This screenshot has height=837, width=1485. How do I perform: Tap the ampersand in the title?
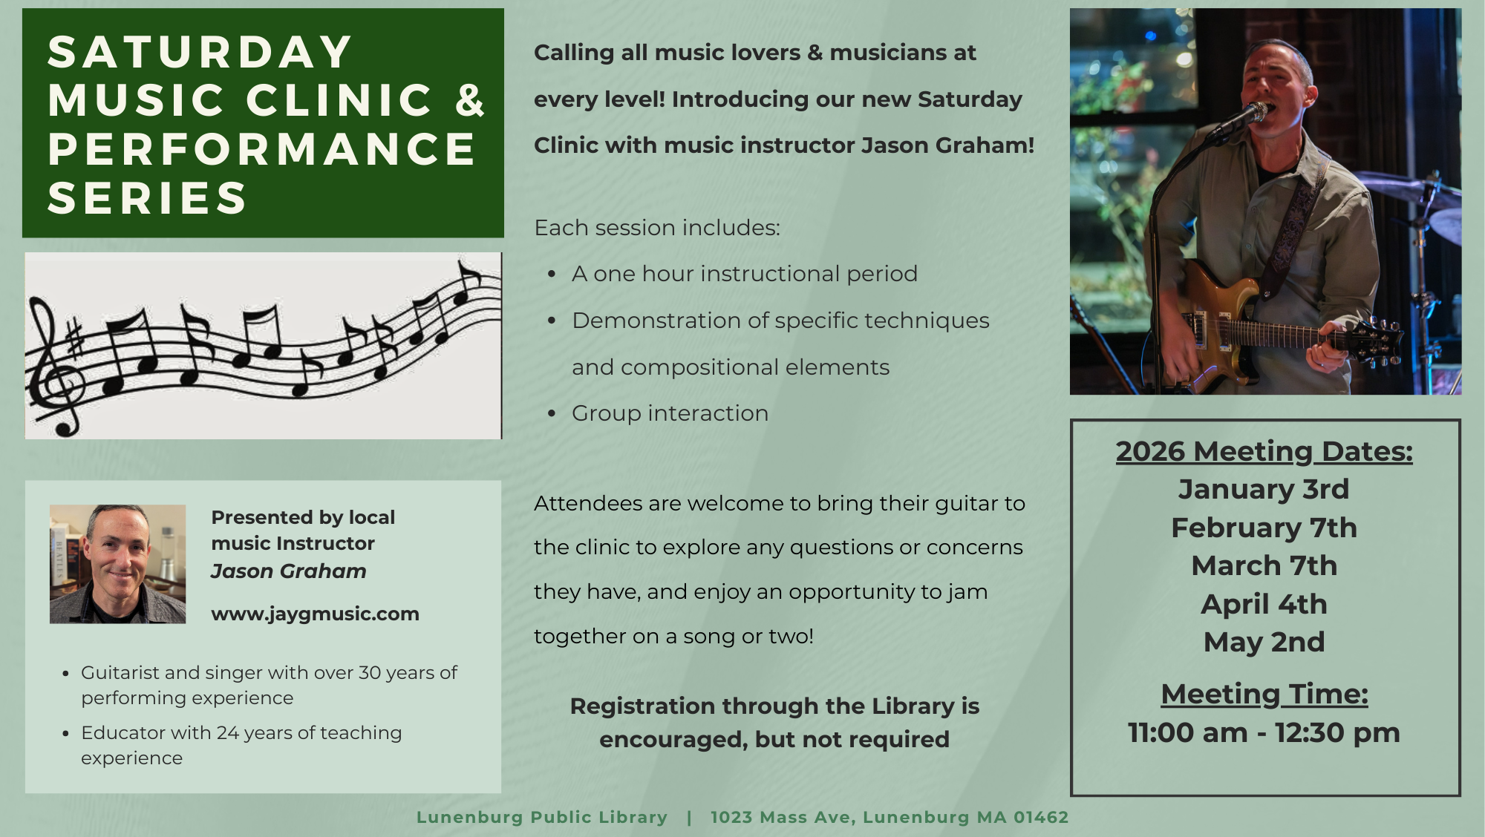470,101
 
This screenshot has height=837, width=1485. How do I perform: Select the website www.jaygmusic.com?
315,614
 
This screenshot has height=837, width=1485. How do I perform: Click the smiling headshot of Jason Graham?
117,564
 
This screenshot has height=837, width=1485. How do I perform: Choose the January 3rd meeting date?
1264,489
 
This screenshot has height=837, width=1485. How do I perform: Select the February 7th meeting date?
1264,528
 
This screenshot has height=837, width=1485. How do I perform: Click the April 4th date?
1264,604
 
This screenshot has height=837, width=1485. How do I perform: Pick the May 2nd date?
1264,642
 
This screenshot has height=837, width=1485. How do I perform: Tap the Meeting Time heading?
1264,695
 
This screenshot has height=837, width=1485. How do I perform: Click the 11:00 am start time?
1187,733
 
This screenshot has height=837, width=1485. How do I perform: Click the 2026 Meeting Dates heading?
1264,451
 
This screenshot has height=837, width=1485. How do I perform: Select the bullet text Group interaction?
670,413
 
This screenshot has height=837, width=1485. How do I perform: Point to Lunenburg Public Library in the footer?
542,817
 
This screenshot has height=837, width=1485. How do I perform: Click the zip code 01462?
1041,817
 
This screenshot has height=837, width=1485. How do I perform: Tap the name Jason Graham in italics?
289,571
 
